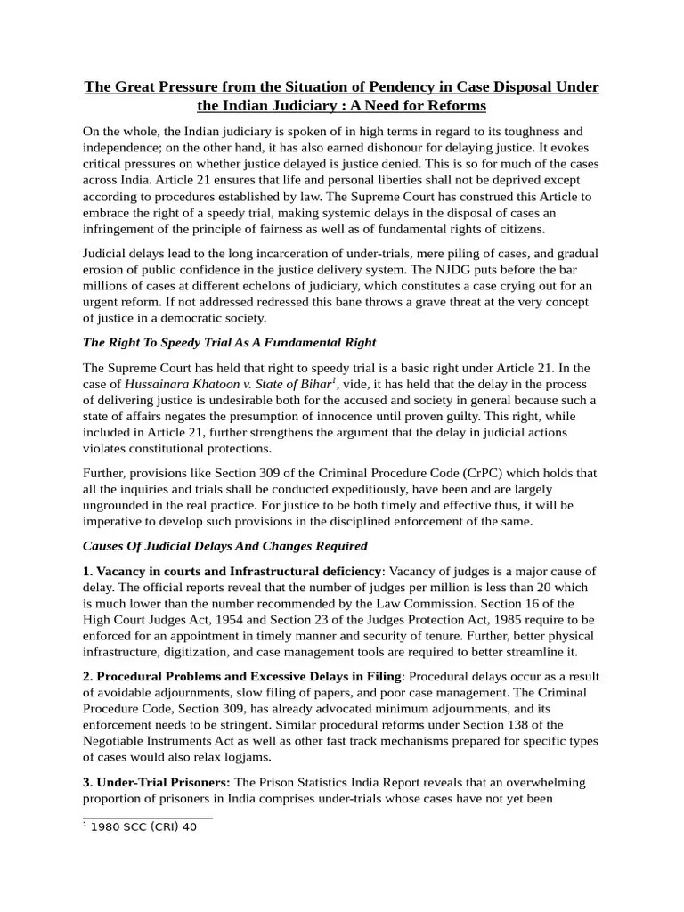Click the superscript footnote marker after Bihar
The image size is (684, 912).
[333, 380]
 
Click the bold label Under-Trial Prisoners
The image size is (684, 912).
[158, 782]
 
